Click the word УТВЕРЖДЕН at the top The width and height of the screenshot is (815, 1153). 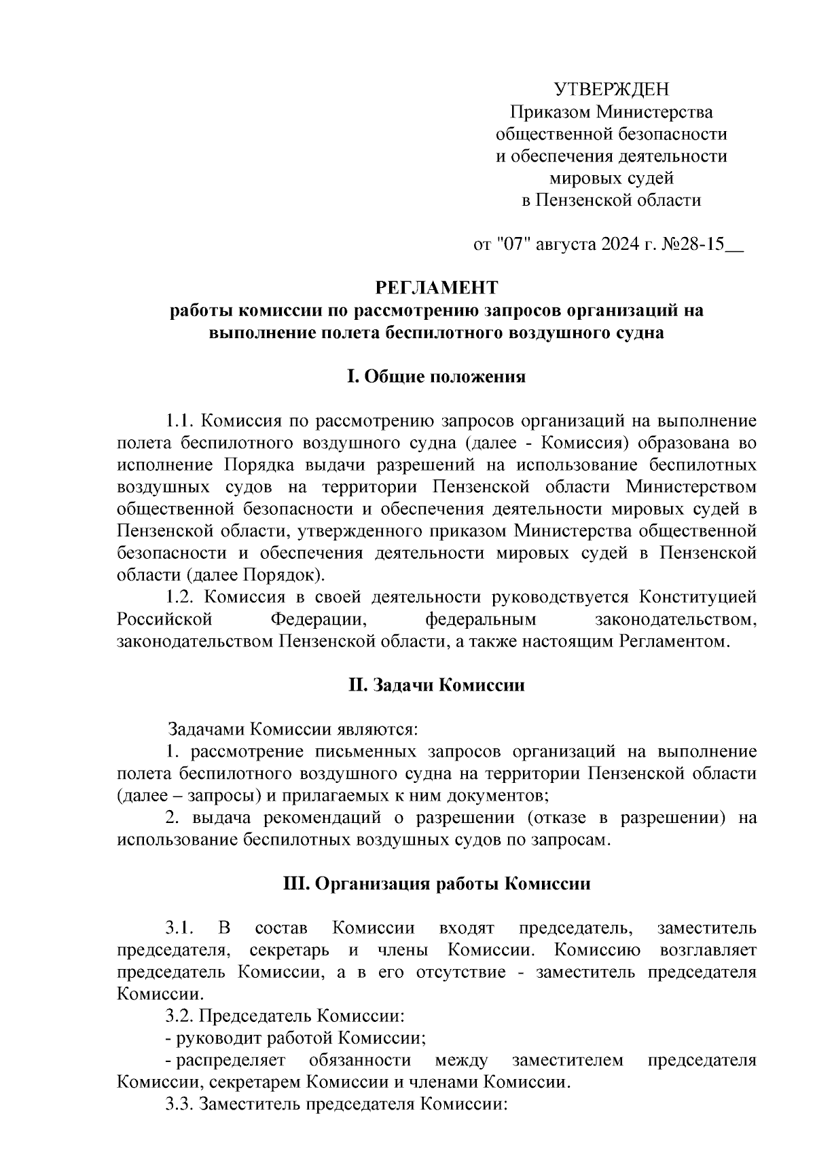pyautogui.click(x=611, y=90)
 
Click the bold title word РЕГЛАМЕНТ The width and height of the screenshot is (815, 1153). pyautogui.click(x=437, y=288)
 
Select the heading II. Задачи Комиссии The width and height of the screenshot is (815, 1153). pyautogui.click(x=436, y=685)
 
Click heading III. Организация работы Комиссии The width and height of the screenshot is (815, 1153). pyautogui.click(x=436, y=884)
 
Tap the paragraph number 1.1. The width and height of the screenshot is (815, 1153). pyautogui.click(x=180, y=421)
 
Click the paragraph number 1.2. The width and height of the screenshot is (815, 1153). pyautogui.click(x=181, y=598)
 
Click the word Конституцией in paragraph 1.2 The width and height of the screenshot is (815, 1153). pyautogui.click(x=698, y=598)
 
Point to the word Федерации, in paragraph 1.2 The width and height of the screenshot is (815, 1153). pyautogui.click(x=319, y=620)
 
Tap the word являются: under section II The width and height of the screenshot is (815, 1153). pyautogui.click(x=378, y=730)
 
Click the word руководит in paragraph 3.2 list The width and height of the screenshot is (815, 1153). pyautogui.click(x=210, y=1038)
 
